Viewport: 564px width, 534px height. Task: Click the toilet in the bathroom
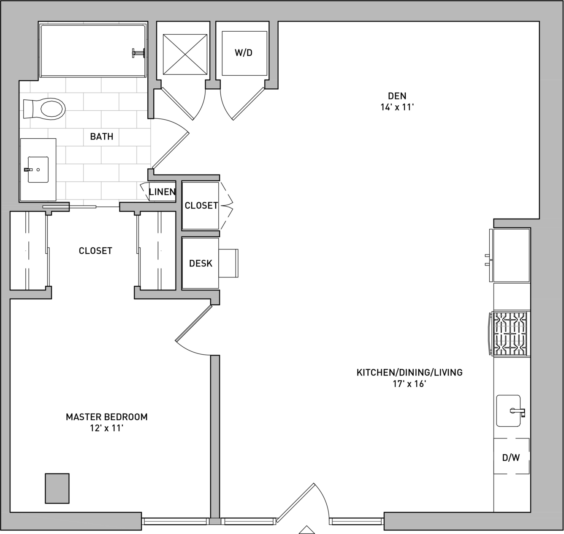point(44,109)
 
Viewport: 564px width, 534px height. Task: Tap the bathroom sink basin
point(38,170)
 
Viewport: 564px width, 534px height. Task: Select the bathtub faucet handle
point(138,53)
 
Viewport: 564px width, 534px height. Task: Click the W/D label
point(243,53)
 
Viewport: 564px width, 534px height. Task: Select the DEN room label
point(397,96)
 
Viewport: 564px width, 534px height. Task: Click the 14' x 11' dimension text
point(397,107)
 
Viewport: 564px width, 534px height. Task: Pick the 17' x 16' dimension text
point(409,384)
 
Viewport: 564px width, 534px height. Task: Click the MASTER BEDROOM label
point(107,417)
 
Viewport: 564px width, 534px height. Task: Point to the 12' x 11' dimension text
point(107,429)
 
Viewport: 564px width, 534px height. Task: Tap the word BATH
point(102,137)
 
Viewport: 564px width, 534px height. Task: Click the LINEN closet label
point(162,192)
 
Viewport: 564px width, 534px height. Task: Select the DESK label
point(201,263)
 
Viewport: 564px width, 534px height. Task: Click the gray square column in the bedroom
point(57,489)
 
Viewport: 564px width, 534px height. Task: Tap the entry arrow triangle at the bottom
point(306,530)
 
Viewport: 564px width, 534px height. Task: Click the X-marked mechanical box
point(185,54)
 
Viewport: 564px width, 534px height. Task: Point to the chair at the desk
point(228,263)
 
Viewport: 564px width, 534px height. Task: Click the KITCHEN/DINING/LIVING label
point(409,372)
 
